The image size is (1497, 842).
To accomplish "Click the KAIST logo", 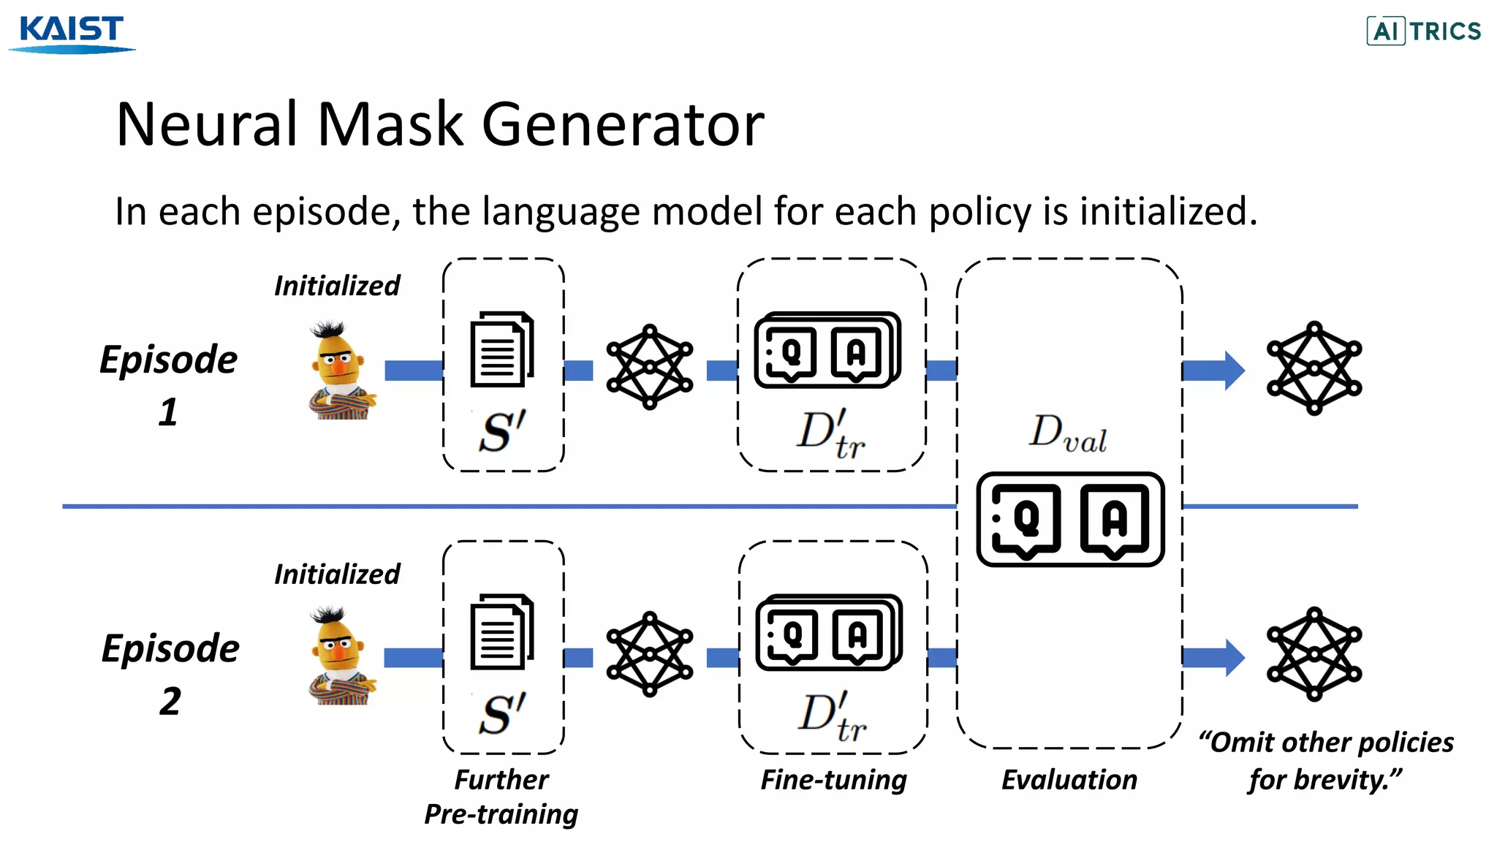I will (72, 33).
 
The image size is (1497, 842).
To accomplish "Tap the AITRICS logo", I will (1423, 31).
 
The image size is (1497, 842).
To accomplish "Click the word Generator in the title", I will (623, 124).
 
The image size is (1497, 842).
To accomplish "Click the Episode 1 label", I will (169, 384).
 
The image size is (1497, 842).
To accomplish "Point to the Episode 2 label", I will (170, 672).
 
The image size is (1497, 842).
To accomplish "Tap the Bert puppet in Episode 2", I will (340, 656).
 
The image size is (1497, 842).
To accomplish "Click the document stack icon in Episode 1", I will (502, 349).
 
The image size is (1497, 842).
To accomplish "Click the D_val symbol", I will (1068, 433).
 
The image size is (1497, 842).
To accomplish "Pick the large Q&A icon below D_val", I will (1070, 519).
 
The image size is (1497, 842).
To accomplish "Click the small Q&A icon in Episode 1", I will (827, 351).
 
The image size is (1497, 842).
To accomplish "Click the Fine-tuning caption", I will (833, 780).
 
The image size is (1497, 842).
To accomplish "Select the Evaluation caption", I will (1069, 780).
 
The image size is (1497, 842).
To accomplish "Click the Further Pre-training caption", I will (501, 797).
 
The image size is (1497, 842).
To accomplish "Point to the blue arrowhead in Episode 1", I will (1234, 371).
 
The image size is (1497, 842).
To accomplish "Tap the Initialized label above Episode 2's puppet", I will (337, 574).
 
